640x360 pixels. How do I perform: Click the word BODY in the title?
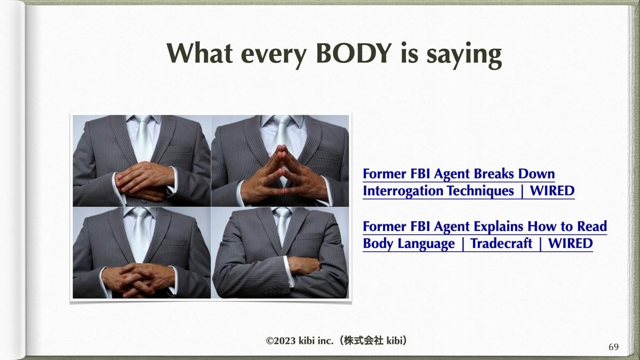pyautogui.click(x=354, y=53)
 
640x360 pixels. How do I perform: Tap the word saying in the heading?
pyautogui.click(x=464, y=56)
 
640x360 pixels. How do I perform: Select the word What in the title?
pyautogui.click(x=199, y=53)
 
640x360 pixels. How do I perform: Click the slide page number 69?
pyautogui.click(x=613, y=347)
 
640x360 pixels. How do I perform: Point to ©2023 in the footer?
pyautogui.click(x=282, y=341)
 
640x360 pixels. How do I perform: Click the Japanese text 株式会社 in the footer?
pyautogui.click(x=363, y=341)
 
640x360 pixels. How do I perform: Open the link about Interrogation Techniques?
pyautogui.click(x=469, y=182)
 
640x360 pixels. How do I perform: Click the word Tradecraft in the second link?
pyautogui.click(x=501, y=243)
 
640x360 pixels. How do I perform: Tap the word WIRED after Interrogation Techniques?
pyautogui.click(x=552, y=190)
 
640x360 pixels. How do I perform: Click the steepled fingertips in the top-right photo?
pyautogui.click(x=283, y=149)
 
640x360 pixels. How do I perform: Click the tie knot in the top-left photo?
pyautogui.click(x=143, y=119)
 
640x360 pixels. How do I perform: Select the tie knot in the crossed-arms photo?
pyautogui.click(x=282, y=212)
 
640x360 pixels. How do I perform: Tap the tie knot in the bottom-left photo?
pyautogui.click(x=140, y=212)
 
